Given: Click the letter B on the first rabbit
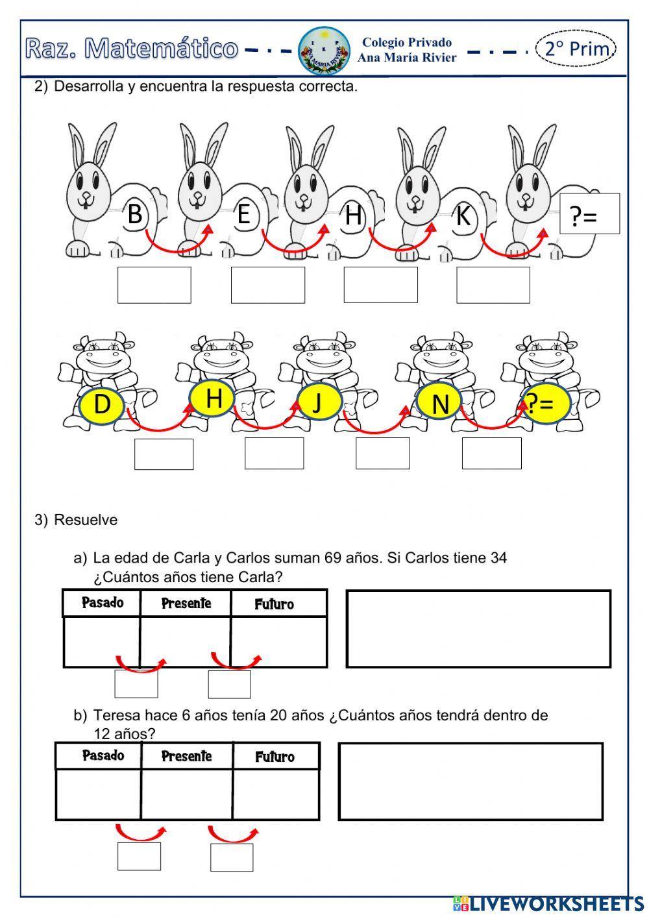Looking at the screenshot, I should [135, 214].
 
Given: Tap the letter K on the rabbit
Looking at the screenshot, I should [463, 215].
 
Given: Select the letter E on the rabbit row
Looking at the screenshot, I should [244, 214].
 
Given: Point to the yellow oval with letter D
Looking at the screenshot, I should [102, 404].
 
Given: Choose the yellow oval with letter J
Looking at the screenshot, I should [318, 402].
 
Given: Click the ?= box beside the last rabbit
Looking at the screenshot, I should [589, 214].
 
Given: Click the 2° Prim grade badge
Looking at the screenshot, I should [576, 49].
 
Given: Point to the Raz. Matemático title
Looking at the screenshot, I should [132, 49].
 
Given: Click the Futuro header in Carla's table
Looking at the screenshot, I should [275, 604].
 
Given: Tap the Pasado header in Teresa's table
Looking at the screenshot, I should [103, 755].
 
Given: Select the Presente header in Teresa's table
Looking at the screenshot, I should [186, 756].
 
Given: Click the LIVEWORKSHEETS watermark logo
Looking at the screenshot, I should [548, 903].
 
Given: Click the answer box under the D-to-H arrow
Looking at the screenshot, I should [164, 454].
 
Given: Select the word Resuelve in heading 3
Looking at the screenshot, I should [86, 520].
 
